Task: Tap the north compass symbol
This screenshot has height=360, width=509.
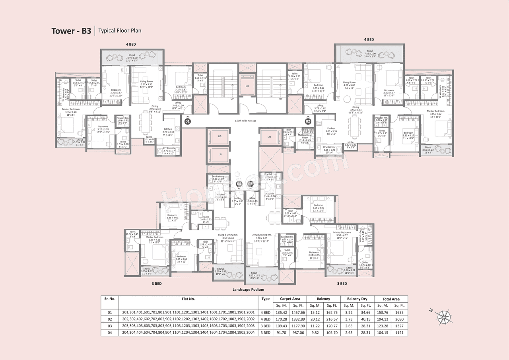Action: (443, 317)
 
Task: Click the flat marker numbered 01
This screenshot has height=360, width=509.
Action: (188, 121)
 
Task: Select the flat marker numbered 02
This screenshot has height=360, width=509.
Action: (308, 121)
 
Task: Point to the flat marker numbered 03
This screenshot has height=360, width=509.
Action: (251, 184)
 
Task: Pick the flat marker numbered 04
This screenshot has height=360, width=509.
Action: (239, 184)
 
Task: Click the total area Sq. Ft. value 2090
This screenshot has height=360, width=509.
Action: (399, 319)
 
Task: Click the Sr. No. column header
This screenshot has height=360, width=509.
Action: (110, 299)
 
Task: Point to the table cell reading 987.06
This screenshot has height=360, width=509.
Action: (298, 332)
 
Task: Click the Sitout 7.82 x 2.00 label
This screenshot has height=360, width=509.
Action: (370, 53)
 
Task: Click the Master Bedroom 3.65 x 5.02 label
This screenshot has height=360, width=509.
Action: (435, 113)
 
